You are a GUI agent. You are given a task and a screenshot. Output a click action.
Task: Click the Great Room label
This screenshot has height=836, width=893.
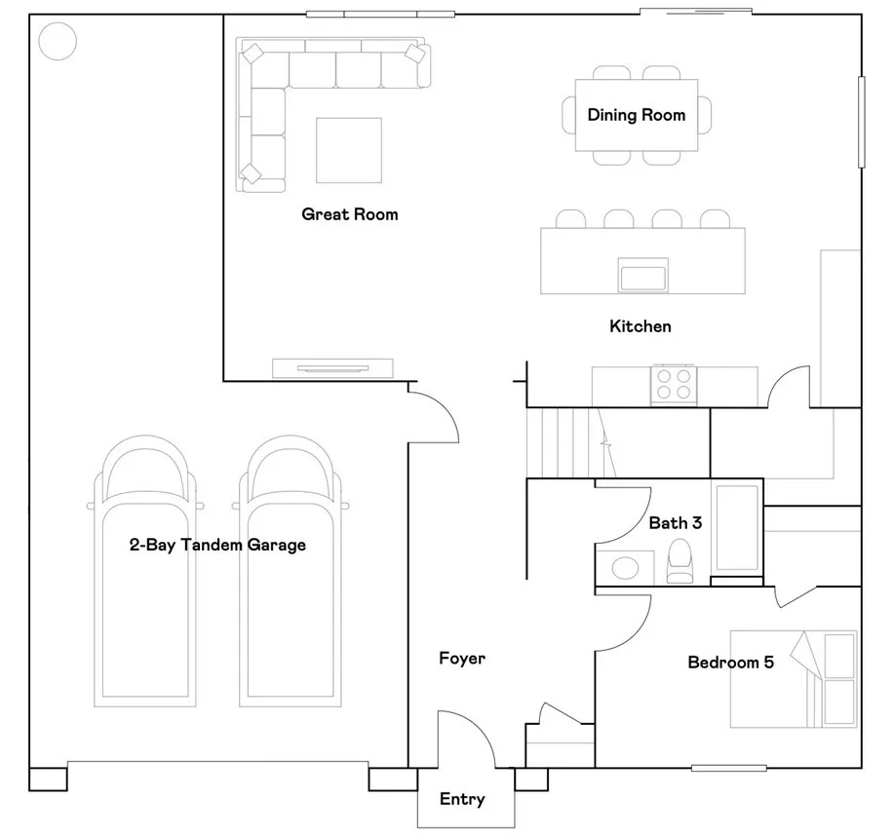pos(350,214)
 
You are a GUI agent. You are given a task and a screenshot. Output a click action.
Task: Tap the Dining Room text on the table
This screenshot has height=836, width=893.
pos(637,115)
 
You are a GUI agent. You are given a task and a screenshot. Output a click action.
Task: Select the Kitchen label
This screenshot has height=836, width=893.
pos(641,326)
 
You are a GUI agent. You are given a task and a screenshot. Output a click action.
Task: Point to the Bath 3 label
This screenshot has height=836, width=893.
pos(675,522)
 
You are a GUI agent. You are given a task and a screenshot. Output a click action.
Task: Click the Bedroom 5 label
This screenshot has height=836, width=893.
pos(731,662)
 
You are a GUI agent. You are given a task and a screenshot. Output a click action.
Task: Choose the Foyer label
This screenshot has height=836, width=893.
pos(462,659)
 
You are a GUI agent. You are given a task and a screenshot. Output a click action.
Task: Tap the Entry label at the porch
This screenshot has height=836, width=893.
pos(462,799)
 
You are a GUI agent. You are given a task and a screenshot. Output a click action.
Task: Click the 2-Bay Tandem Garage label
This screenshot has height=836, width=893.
pos(217,545)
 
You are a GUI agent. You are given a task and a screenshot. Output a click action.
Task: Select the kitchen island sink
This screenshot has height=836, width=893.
pos(643,276)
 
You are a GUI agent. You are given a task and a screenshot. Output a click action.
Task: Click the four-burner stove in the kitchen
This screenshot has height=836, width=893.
pos(674,384)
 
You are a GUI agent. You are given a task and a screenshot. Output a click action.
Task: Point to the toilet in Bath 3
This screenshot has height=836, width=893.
pos(680,561)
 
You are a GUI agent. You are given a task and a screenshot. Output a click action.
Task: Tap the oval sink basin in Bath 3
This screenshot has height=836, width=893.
pos(625,568)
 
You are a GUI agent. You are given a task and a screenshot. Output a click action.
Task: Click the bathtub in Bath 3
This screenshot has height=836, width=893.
pos(737,527)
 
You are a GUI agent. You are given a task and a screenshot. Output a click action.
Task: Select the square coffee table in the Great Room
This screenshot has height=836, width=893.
pos(349,150)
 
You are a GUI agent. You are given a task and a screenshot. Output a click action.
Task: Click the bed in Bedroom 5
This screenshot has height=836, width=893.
pos(794,679)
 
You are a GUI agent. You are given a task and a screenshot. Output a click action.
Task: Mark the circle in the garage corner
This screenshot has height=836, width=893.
pos(58,41)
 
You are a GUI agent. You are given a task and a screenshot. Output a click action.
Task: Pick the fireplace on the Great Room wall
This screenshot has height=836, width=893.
pos(332,368)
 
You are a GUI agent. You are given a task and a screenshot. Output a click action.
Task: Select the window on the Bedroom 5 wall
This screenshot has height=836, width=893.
pos(728,768)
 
